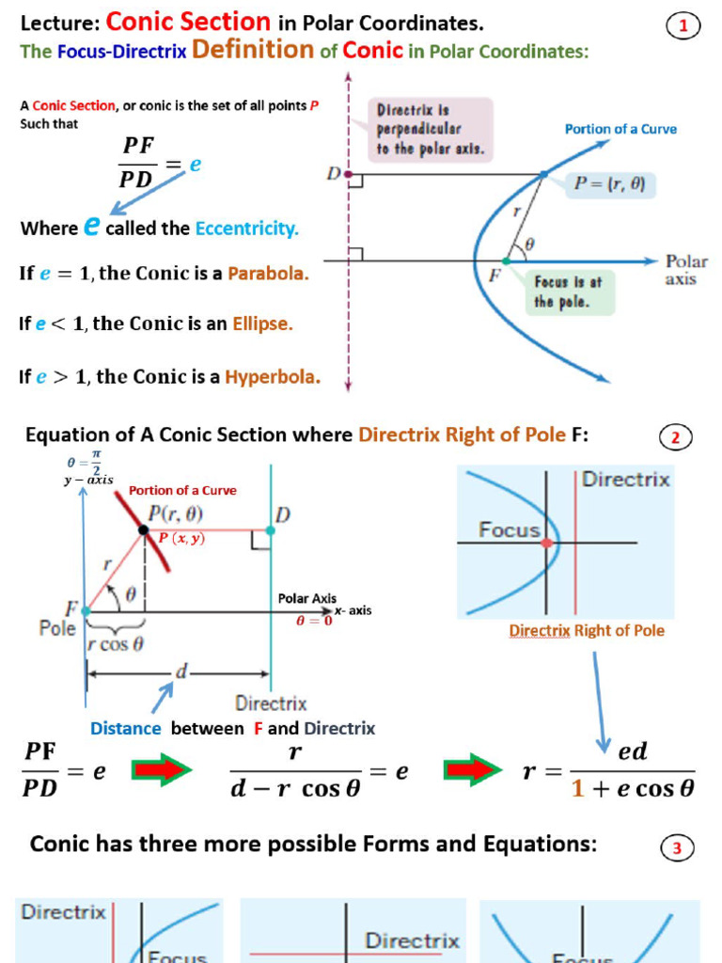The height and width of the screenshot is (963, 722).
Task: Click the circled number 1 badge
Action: (683, 27)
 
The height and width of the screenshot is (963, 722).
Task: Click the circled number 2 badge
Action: (675, 437)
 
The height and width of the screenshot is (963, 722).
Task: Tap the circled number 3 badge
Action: (676, 849)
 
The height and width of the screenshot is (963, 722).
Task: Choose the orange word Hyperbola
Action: (273, 377)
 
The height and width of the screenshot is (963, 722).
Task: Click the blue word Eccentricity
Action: (246, 229)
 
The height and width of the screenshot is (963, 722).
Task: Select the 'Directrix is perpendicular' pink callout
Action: (431, 128)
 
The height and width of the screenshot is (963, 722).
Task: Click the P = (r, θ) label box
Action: (609, 185)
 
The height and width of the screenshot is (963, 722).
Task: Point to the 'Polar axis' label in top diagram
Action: (685, 270)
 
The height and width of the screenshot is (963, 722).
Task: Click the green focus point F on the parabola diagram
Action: (507, 260)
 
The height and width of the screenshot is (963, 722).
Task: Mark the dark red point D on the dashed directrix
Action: (349, 174)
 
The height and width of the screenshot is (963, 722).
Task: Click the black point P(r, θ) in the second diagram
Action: (144, 530)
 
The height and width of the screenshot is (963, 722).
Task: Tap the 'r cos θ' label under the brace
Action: (115, 645)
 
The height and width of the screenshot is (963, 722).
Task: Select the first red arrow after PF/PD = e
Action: (162, 770)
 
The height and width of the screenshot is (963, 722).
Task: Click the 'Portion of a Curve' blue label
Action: (620, 130)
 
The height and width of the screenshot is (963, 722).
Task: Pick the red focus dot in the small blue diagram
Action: (547, 543)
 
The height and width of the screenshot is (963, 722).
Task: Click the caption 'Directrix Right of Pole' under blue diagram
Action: (586, 631)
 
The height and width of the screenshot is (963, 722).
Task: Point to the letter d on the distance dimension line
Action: (181, 672)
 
